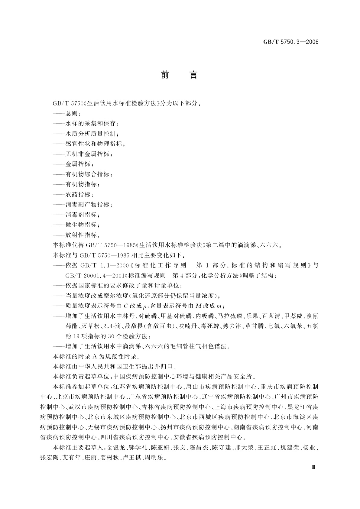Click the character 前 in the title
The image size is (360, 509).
coord(165,75)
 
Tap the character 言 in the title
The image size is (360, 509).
coord(193,75)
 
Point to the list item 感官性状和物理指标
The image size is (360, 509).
coord(94,144)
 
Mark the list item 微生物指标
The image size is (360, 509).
coord(81,225)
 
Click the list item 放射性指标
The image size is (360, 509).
coord(81,235)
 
